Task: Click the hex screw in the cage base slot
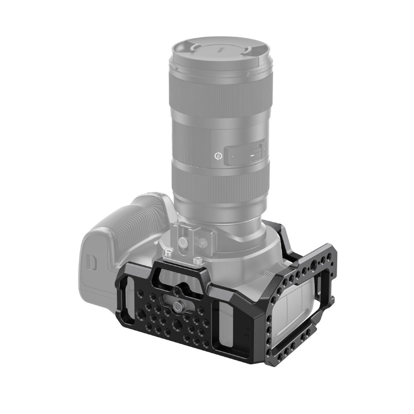(x=177, y=303)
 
